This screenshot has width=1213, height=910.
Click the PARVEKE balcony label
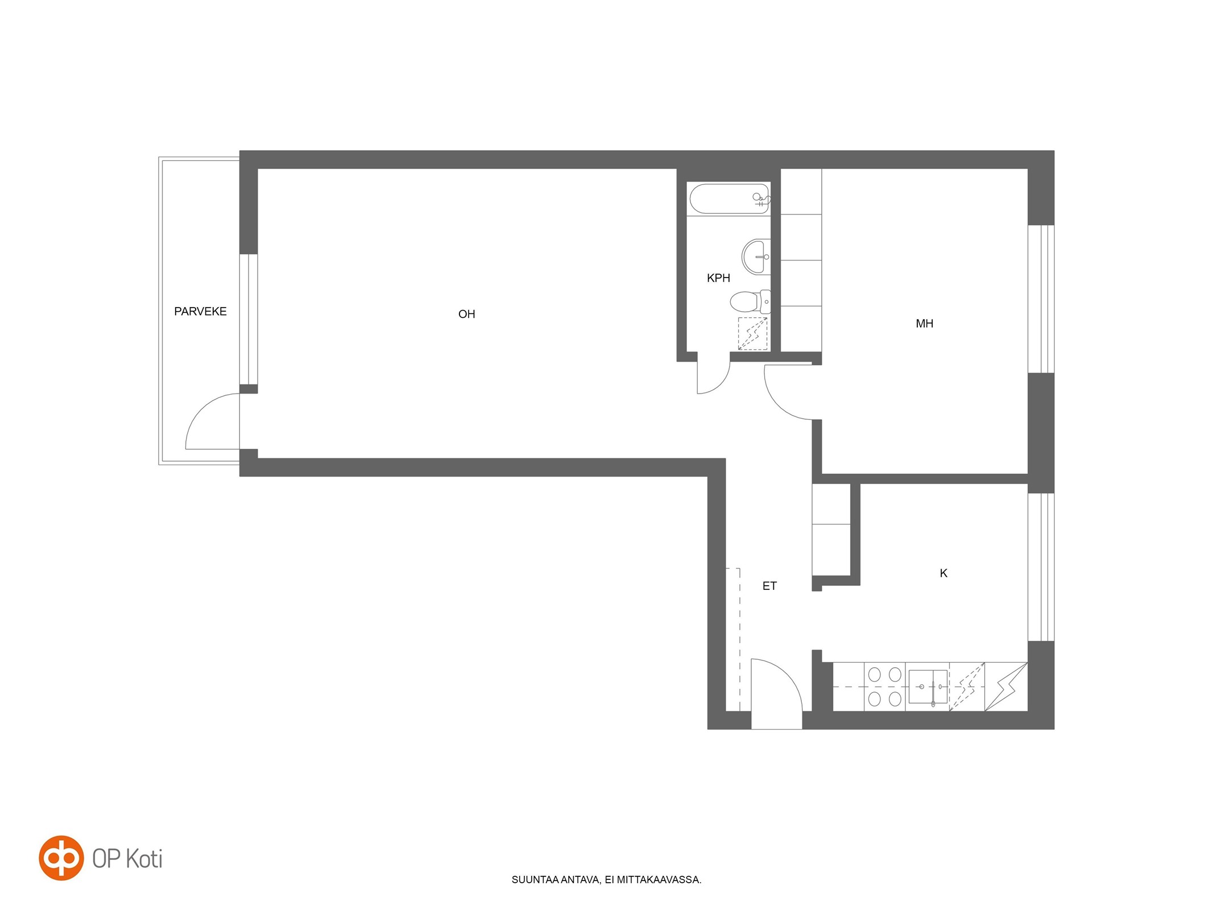[200, 311]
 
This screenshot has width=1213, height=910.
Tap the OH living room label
[466, 314]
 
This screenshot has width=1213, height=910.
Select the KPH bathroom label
[718, 278]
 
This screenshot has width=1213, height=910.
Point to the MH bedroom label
[924, 324]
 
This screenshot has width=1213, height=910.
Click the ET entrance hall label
[769, 586]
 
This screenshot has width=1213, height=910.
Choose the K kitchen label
[943, 573]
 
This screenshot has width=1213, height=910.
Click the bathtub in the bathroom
[729, 198]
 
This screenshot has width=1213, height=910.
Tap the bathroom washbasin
[756, 257]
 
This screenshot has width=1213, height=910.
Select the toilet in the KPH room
[751, 301]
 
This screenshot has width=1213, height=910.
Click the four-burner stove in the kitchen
[884, 686]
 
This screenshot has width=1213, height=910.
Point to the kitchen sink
[928, 686]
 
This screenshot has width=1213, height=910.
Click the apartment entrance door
[777, 693]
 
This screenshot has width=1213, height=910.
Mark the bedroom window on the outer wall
[1041, 299]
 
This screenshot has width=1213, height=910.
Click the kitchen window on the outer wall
[1041, 567]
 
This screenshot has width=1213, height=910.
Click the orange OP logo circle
[61, 858]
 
